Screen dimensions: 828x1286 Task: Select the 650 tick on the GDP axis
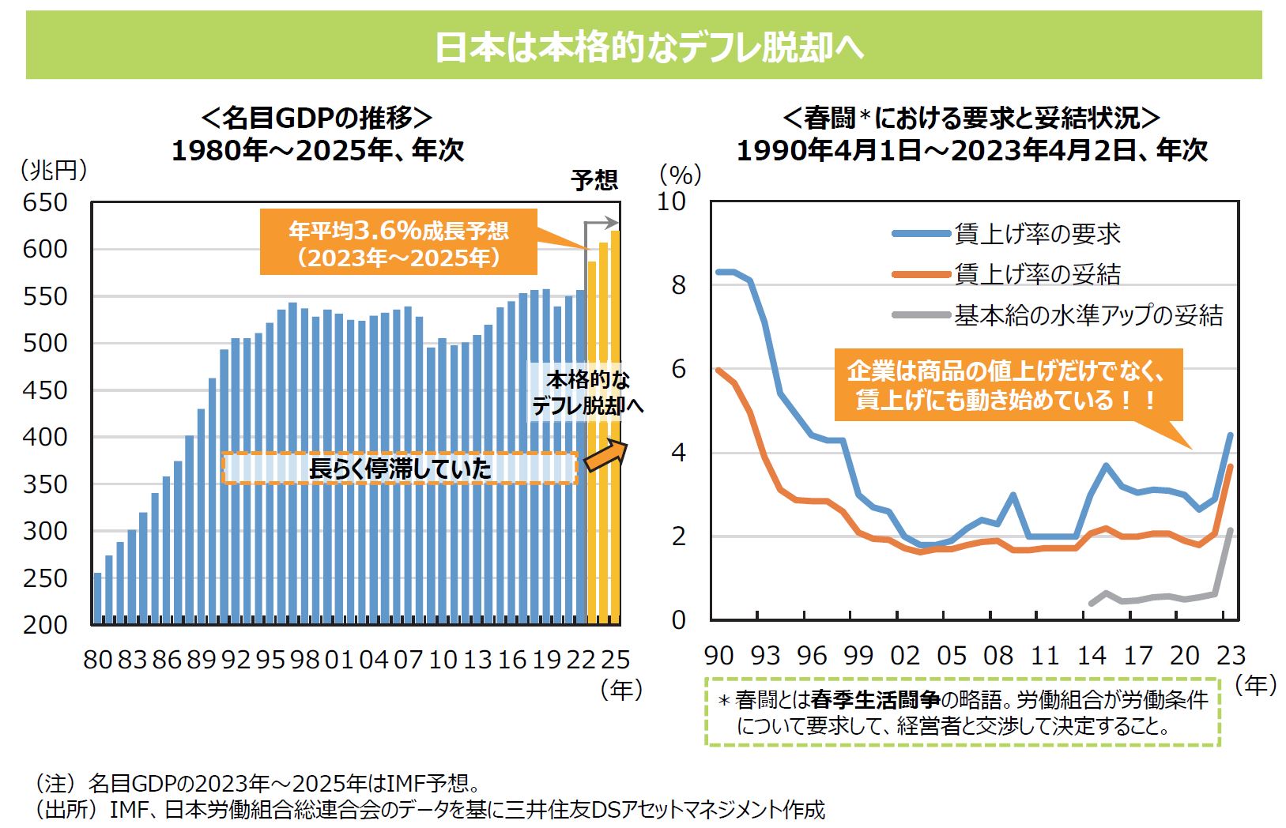tap(45, 202)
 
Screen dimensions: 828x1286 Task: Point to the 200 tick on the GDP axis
tap(45, 624)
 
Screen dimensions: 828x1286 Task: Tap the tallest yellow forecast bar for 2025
tap(615, 427)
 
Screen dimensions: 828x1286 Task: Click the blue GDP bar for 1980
tap(97, 598)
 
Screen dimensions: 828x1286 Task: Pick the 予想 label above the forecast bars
tap(594, 180)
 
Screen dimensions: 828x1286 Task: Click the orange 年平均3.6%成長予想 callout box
tap(398, 243)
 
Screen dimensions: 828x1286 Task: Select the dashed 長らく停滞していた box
tap(399, 469)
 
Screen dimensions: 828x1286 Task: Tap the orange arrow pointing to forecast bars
tap(605, 455)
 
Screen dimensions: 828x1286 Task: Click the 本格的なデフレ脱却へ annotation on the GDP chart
tap(587, 393)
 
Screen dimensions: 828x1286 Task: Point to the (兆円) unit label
tap(53, 169)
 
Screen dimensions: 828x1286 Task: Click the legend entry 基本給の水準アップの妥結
tap(1088, 315)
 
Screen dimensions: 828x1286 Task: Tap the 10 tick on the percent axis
tap(672, 201)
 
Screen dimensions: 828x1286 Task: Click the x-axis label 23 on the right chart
tap(1231, 655)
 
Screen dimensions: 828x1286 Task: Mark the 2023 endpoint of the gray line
tap(1231, 530)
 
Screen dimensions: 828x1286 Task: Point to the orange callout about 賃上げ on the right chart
tap(1008, 385)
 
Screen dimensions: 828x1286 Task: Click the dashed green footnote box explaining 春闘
tap(962, 712)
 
